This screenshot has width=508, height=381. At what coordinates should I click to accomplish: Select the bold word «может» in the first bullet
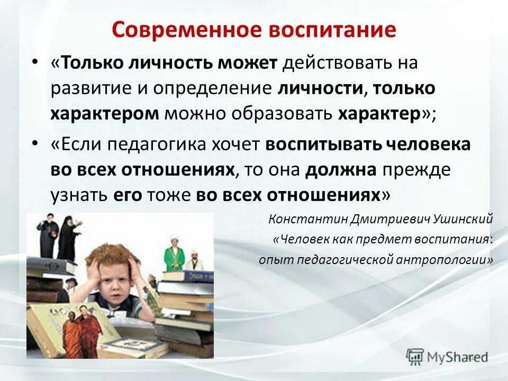(x=247, y=64)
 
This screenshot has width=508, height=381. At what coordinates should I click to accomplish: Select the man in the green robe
(x=171, y=252)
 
